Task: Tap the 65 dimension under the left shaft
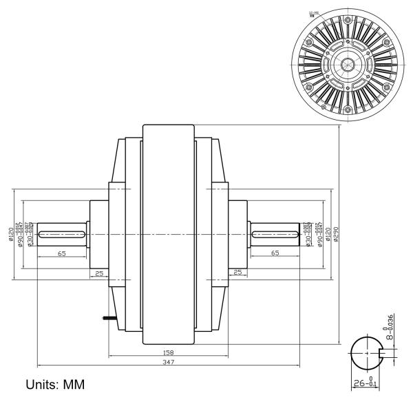point(62,254)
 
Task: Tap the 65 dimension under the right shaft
point(275,254)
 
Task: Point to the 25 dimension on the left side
point(99,273)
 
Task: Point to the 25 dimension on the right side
point(237,273)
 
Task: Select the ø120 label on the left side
point(12,234)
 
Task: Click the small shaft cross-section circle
point(367,352)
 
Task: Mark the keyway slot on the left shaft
point(62,235)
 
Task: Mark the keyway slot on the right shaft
point(275,235)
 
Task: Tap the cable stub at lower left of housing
point(107,318)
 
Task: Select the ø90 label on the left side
point(21,234)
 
